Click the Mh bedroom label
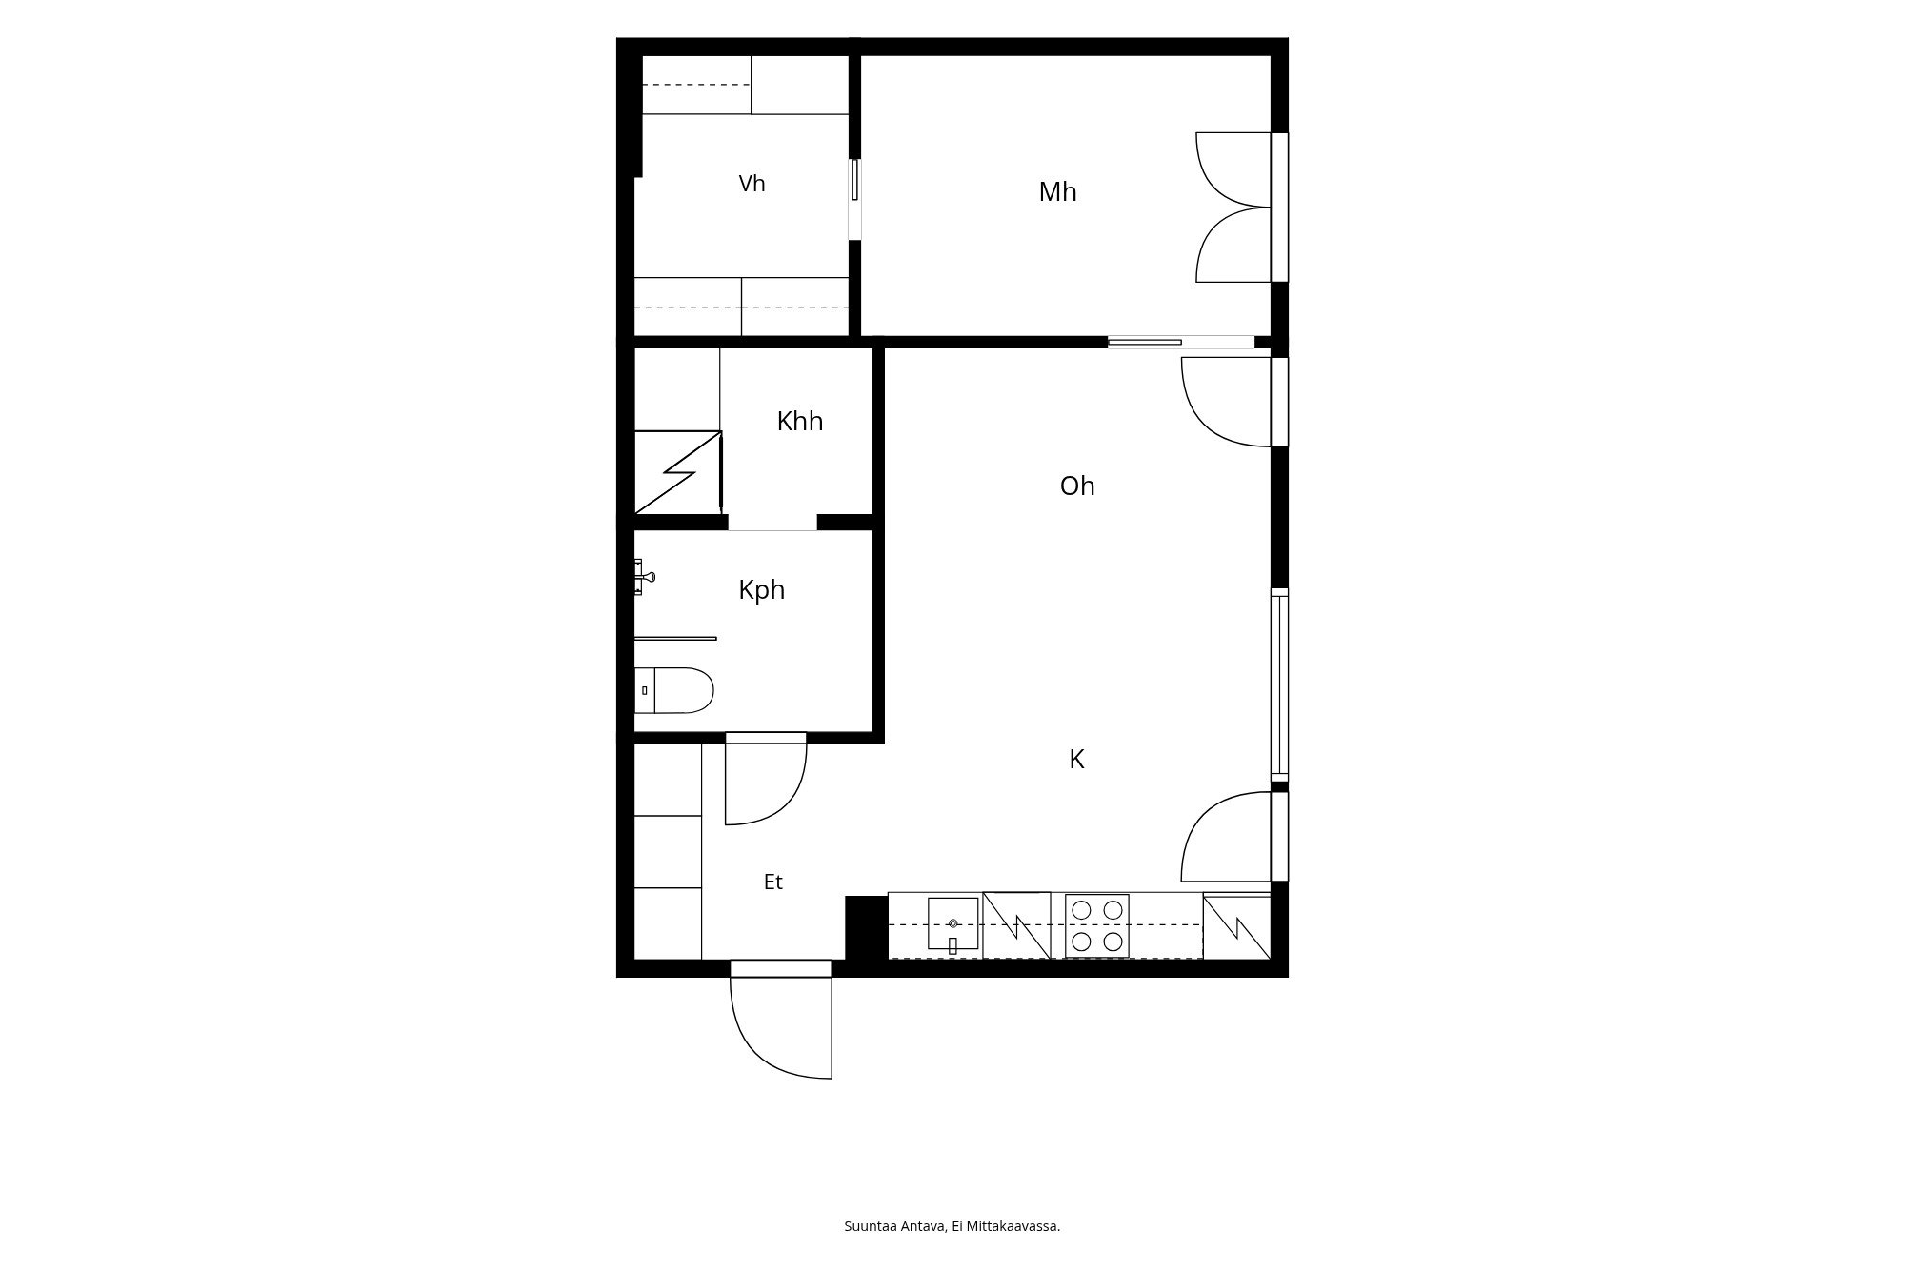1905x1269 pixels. coord(1057,192)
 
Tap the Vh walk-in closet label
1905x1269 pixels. coord(752,184)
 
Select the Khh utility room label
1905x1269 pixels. coord(799,422)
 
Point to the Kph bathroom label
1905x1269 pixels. coord(761,590)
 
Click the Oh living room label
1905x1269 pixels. coord(1077,486)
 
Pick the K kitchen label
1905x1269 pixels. coord(1076,760)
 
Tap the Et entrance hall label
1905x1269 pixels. coord(772,882)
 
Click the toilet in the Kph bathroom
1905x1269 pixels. coord(674,690)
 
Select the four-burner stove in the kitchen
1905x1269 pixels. coord(1096,926)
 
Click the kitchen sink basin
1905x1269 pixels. coord(952,923)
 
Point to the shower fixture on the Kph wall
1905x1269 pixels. coord(644,577)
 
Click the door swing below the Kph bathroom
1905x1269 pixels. coord(766,783)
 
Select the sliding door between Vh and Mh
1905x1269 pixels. coord(855,180)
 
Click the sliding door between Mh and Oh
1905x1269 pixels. coord(1145,342)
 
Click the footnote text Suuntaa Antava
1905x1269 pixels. coord(895,1226)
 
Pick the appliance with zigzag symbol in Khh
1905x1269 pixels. coord(678,472)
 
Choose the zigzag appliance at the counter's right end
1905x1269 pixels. coord(1236,925)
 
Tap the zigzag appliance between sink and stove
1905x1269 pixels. coord(1016,925)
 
